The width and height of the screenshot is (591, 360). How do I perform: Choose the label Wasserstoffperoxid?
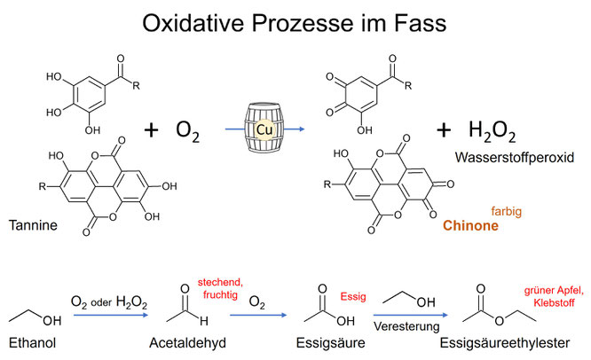[x=513, y=160]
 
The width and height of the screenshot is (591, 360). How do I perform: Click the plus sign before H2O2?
[x=445, y=130]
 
